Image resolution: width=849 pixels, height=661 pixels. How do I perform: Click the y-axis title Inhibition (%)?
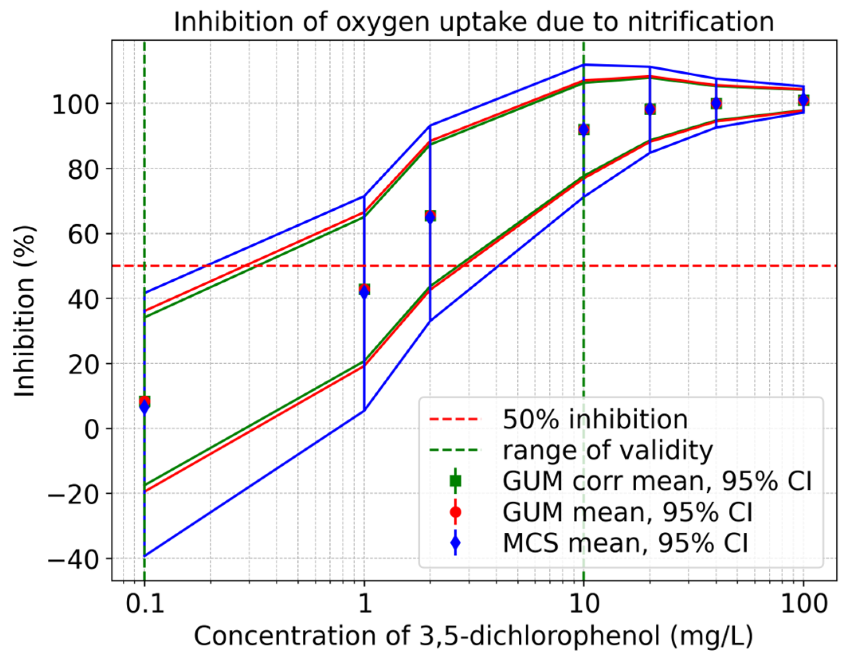pyautogui.click(x=25, y=311)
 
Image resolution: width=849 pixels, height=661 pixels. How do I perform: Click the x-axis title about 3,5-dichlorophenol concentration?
pyautogui.click(x=474, y=636)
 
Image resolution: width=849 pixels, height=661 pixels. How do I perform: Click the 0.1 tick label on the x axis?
pyautogui.click(x=145, y=604)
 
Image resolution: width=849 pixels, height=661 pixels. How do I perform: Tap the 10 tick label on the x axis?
pyautogui.click(x=584, y=604)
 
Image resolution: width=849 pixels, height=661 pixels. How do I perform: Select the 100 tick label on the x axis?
pyautogui.click(x=803, y=604)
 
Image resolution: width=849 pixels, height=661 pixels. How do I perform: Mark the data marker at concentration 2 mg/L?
pyautogui.click(x=430, y=217)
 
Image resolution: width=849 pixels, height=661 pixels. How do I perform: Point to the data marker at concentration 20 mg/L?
pyautogui.click(x=650, y=109)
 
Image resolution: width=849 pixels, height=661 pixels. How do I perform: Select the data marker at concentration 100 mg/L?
pyautogui.click(x=803, y=100)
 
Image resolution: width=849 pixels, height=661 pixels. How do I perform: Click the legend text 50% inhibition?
pyautogui.click(x=595, y=420)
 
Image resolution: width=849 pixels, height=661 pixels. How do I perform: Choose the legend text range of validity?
pyautogui.click(x=608, y=450)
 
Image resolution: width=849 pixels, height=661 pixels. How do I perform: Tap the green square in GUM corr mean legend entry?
pyautogui.click(x=455, y=481)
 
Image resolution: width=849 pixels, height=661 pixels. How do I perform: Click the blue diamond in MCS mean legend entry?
pyautogui.click(x=455, y=543)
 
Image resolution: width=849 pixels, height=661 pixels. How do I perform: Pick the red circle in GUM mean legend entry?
pyautogui.click(x=455, y=512)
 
